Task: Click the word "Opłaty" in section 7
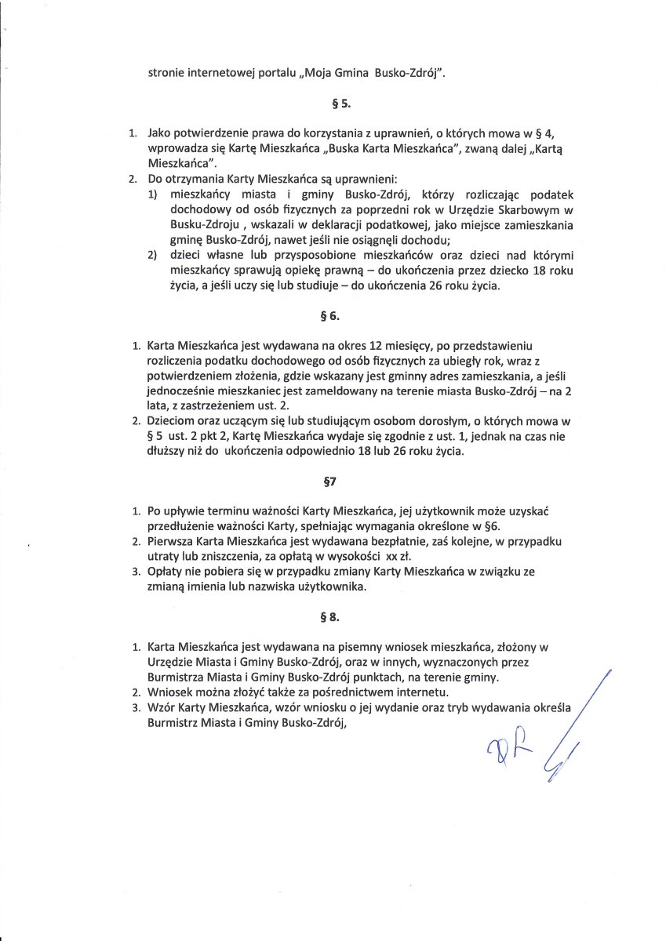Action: point(166,572)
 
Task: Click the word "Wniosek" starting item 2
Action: point(170,692)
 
